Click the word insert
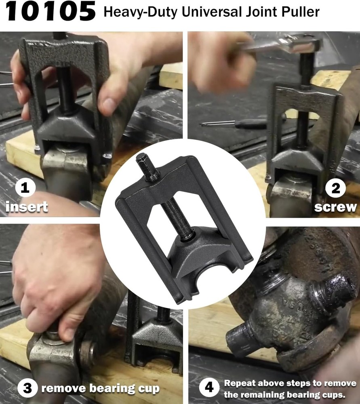coord(27,207)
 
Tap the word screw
coord(335,207)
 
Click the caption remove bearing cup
coord(100,389)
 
